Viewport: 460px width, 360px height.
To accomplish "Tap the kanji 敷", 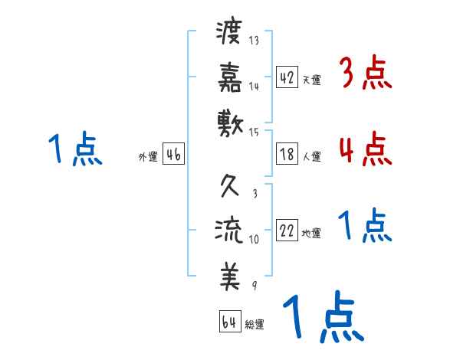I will (x=229, y=121).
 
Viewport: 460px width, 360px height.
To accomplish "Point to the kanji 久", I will (x=229, y=188).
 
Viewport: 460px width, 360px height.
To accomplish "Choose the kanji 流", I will (x=229, y=231).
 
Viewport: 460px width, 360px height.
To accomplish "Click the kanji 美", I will (x=229, y=275).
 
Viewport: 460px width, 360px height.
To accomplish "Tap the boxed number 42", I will (x=287, y=77).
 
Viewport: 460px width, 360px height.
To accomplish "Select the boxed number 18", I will (x=287, y=154).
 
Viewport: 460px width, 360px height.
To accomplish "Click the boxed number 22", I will (x=287, y=231).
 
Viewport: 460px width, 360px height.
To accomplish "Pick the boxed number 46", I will (x=173, y=155).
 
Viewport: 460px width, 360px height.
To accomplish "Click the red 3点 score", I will (x=366, y=74).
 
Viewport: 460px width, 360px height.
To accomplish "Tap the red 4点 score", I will (x=366, y=148).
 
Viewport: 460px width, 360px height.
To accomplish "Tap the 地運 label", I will (x=311, y=234).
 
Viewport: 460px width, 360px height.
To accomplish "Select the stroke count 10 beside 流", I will (x=254, y=239).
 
